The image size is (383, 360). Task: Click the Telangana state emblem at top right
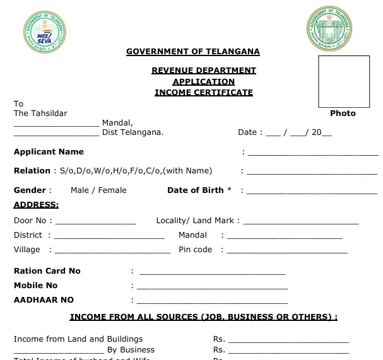pyautogui.click(x=330, y=30)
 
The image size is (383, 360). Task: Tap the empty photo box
pyautogui.click(x=343, y=81)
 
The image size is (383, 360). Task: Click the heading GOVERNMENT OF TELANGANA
pyautogui.click(x=192, y=52)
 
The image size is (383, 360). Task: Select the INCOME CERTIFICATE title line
pyautogui.click(x=203, y=92)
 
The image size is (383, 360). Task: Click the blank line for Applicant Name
pyautogui.click(x=312, y=153)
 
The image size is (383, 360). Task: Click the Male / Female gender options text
pyautogui.click(x=98, y=190)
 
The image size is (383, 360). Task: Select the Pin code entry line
pyautogui.click(x=286, y=250)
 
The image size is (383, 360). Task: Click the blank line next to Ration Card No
pyautogui.click(x=212, y=272)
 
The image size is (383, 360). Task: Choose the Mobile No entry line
pyautogui.click(x=212, y=286)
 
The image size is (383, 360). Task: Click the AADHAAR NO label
pyautogui.click(x=44, y=300)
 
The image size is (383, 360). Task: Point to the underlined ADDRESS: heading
pyautogui.click(x=36, y=204)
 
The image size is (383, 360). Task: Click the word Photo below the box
pyautogui.click(x=343, y=113)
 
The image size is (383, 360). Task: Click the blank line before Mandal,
pyautogui.click(x=56, y=124)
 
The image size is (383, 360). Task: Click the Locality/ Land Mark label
pyautogui.click(x=197, y=221)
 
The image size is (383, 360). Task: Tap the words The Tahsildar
pyautogui.click(x=40, y=113)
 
